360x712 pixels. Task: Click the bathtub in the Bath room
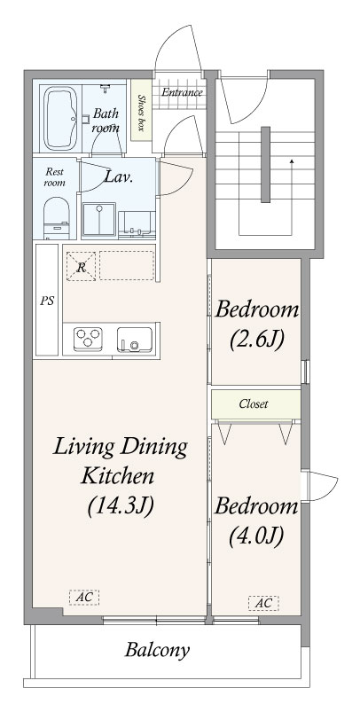[x=60, y=118]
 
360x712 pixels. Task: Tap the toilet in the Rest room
[x=56, y=218]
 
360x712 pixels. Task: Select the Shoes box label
[x=141, y=112]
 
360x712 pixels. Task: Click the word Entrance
[x=182, y=92]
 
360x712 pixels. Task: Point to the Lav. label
[x=119, y=176]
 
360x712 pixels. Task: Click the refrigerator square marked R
[x=81, y=266]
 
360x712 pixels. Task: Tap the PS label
[x=47, y=301]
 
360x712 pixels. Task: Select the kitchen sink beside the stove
[x=135, y=340]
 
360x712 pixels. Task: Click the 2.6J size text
[x=257, y=339]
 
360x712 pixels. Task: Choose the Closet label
[x=254, y=403]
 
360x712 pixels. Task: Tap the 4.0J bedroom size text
[x=256, y=536]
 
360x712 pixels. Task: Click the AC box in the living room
[x=84, y=598]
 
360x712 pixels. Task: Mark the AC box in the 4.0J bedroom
[x=263, y=603]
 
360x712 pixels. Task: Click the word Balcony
[x=157, y=651]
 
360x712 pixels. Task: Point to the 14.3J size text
[x=121, y=507]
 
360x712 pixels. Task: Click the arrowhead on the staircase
[x=292, y=160]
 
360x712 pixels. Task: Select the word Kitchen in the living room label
[x=118, y=476]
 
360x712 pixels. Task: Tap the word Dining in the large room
[x=154, y=448]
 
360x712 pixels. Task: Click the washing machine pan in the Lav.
[x=98, y=220]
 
